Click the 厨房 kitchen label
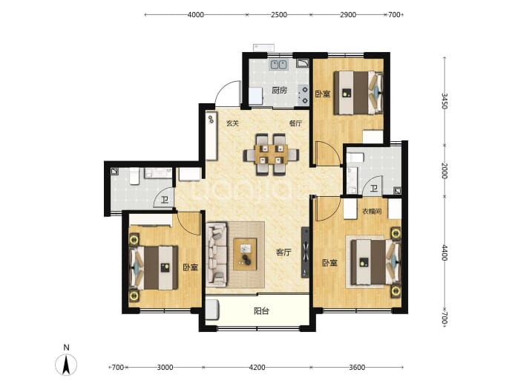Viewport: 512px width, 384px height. point(280,90)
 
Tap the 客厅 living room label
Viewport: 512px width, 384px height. point(283,252)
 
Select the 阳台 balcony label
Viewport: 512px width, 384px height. point(261,310)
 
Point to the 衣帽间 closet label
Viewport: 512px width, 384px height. point(372,212)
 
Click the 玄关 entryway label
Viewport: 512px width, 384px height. point(232,123)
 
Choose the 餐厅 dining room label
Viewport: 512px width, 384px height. point(295,123)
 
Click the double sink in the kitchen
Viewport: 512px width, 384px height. point(278,65)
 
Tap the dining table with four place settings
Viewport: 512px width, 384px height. point(271,154)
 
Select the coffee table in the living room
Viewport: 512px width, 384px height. point(245,254)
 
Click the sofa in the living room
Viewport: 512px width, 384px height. point(216,254)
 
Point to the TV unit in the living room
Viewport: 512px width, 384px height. point(305,253)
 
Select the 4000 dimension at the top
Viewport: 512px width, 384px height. point(196,15)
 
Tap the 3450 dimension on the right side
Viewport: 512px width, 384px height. point(444,101)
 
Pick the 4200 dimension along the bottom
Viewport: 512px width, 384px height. point(257,368)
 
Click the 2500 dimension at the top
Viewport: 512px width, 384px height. point(279,15)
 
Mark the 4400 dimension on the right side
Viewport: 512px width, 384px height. point(444,253)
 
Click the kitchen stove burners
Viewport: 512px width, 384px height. point(303,94)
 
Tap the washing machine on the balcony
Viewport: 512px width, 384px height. point(212,310)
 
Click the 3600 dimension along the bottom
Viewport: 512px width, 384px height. point(357,368)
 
